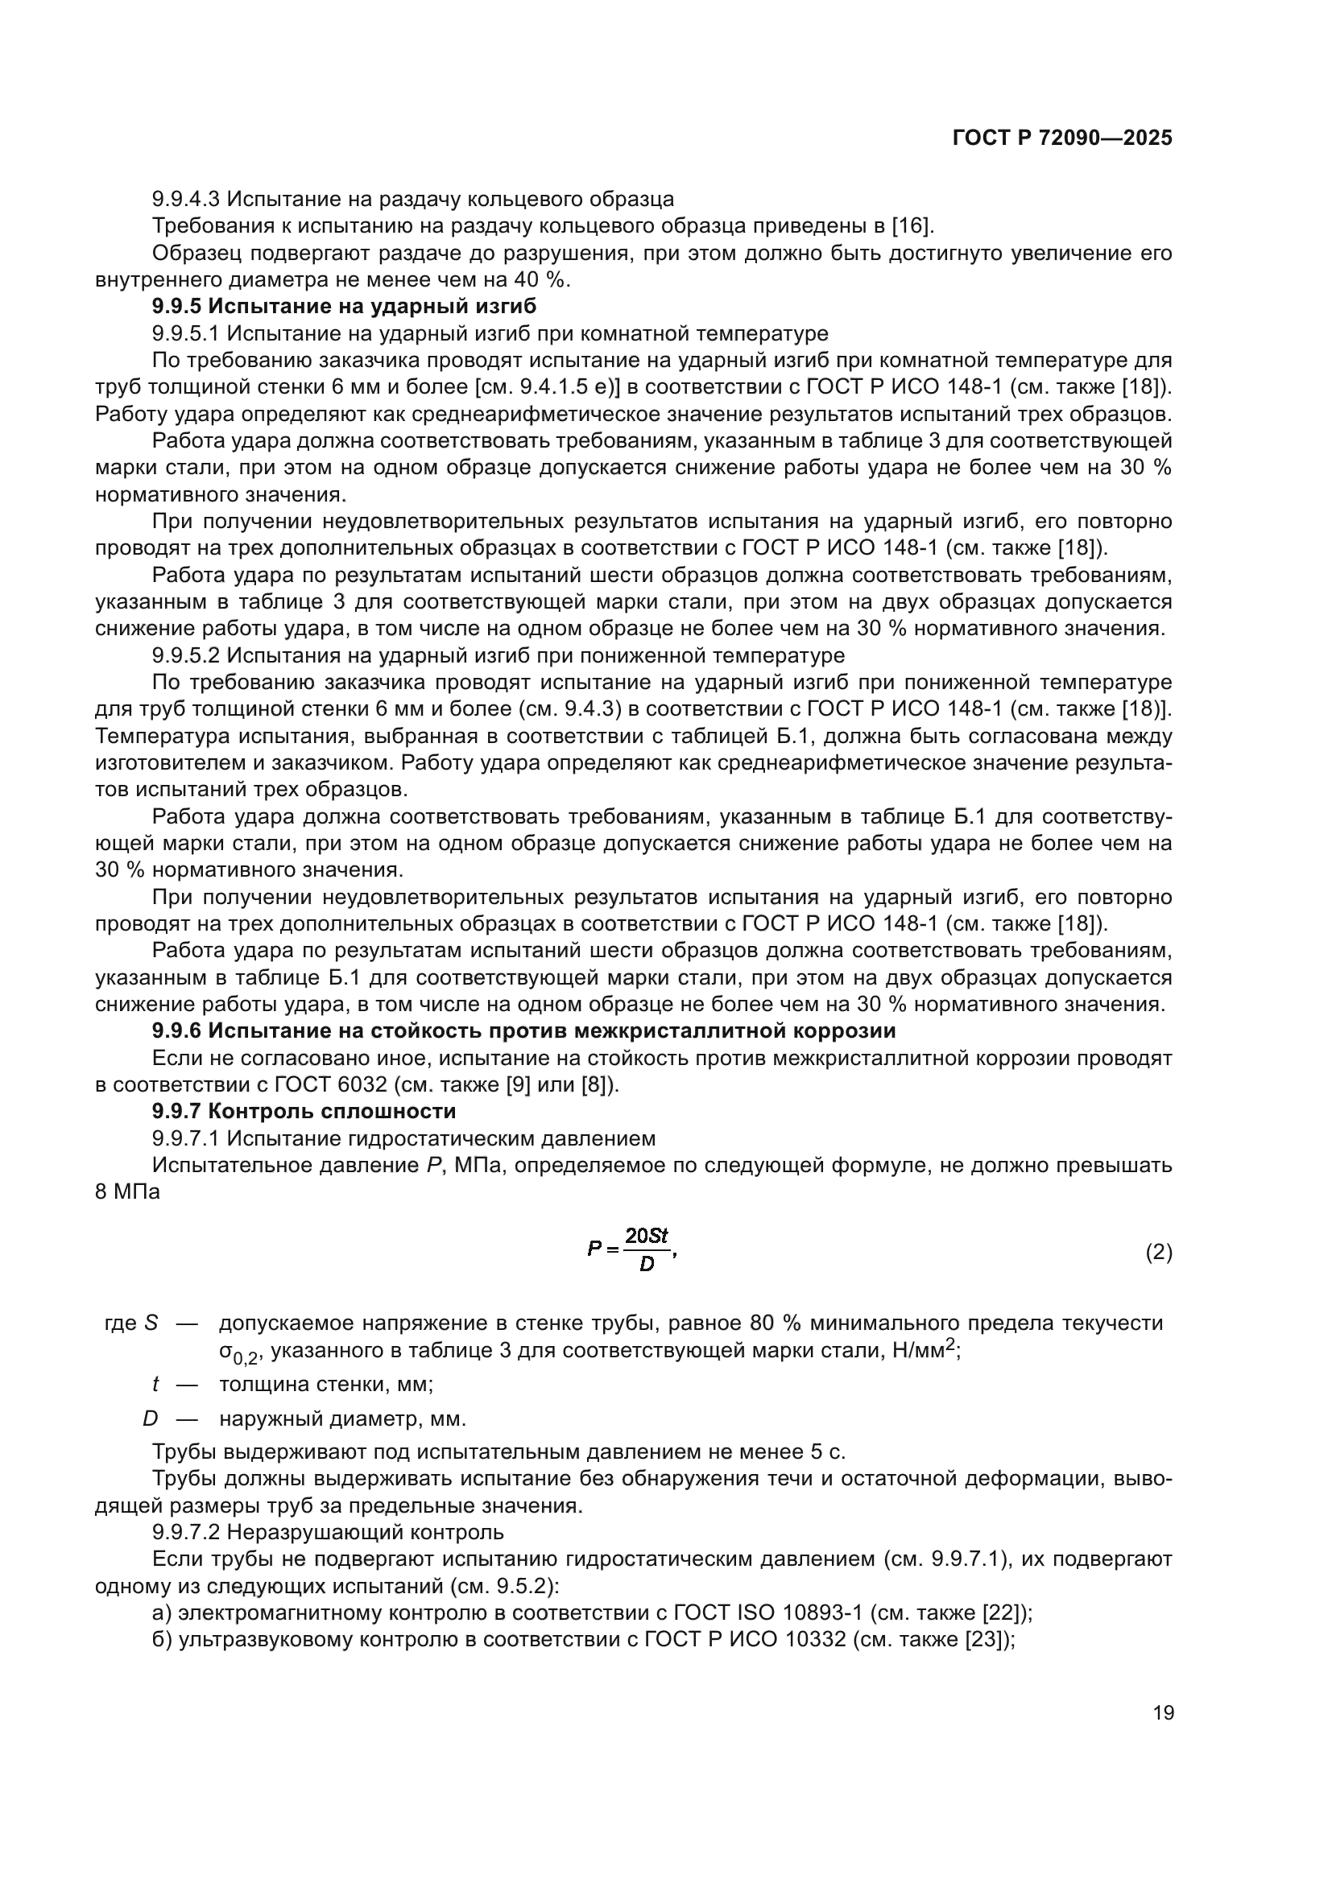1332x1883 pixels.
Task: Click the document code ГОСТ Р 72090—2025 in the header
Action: [1062, 138]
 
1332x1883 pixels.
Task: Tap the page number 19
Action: [1163, 1712]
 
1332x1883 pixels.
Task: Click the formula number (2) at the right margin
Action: [1158, 1253]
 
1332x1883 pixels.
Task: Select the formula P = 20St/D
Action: [630, 1249]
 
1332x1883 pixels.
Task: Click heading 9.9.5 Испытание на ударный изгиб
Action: [344, 307]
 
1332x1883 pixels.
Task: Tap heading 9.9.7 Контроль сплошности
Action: [304, 1111]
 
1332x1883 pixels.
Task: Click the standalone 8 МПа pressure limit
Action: [127, 1192]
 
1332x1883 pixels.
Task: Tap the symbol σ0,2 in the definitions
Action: [238, 1352]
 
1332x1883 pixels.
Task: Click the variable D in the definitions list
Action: [150, 1418]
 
